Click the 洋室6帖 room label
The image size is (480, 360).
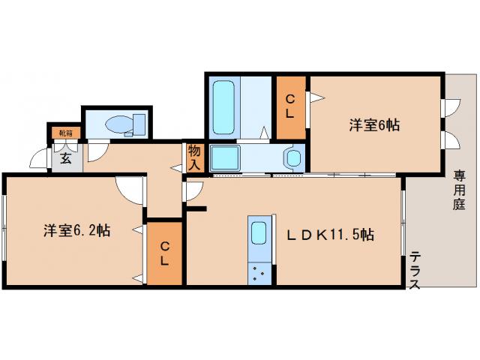[373, 126]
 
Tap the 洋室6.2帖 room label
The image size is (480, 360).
[76, 231]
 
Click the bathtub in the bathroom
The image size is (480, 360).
[224, 106]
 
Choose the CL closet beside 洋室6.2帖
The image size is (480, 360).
[164, 253]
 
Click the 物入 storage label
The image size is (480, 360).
[194, 156]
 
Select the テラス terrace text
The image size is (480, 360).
[415, 272]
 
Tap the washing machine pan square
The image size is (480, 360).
[224, 158]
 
